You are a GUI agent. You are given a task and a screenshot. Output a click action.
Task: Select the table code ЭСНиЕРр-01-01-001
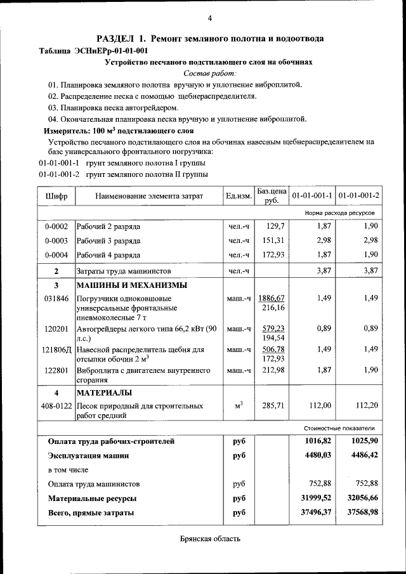(x=112, y=50)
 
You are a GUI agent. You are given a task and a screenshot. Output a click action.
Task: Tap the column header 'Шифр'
(x=56, y=196)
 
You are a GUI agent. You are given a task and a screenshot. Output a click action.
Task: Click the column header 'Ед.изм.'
(x=238, y=196)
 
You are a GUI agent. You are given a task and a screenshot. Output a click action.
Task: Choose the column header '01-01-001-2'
(x=358, y=196)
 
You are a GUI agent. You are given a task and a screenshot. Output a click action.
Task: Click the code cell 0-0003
(x=56, y=240)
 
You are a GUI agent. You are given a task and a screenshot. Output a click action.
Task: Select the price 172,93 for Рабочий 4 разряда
(x=273, y=255)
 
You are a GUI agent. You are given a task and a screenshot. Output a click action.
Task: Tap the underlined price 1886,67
(x=272, y=298)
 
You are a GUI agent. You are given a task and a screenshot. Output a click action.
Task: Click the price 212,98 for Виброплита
(x=273, y=370)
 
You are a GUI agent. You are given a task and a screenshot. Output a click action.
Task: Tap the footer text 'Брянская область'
(x=209, y=539)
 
